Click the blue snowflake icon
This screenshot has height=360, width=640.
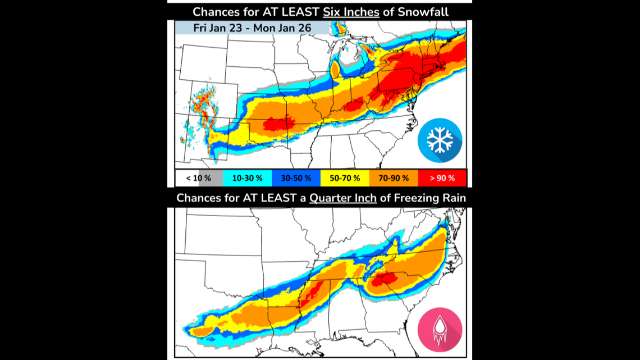pos(440,140)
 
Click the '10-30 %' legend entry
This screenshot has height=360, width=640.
pos(248,179)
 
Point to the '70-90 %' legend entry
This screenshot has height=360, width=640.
pos(392,179)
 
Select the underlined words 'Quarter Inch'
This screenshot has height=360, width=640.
pos(343,198)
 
